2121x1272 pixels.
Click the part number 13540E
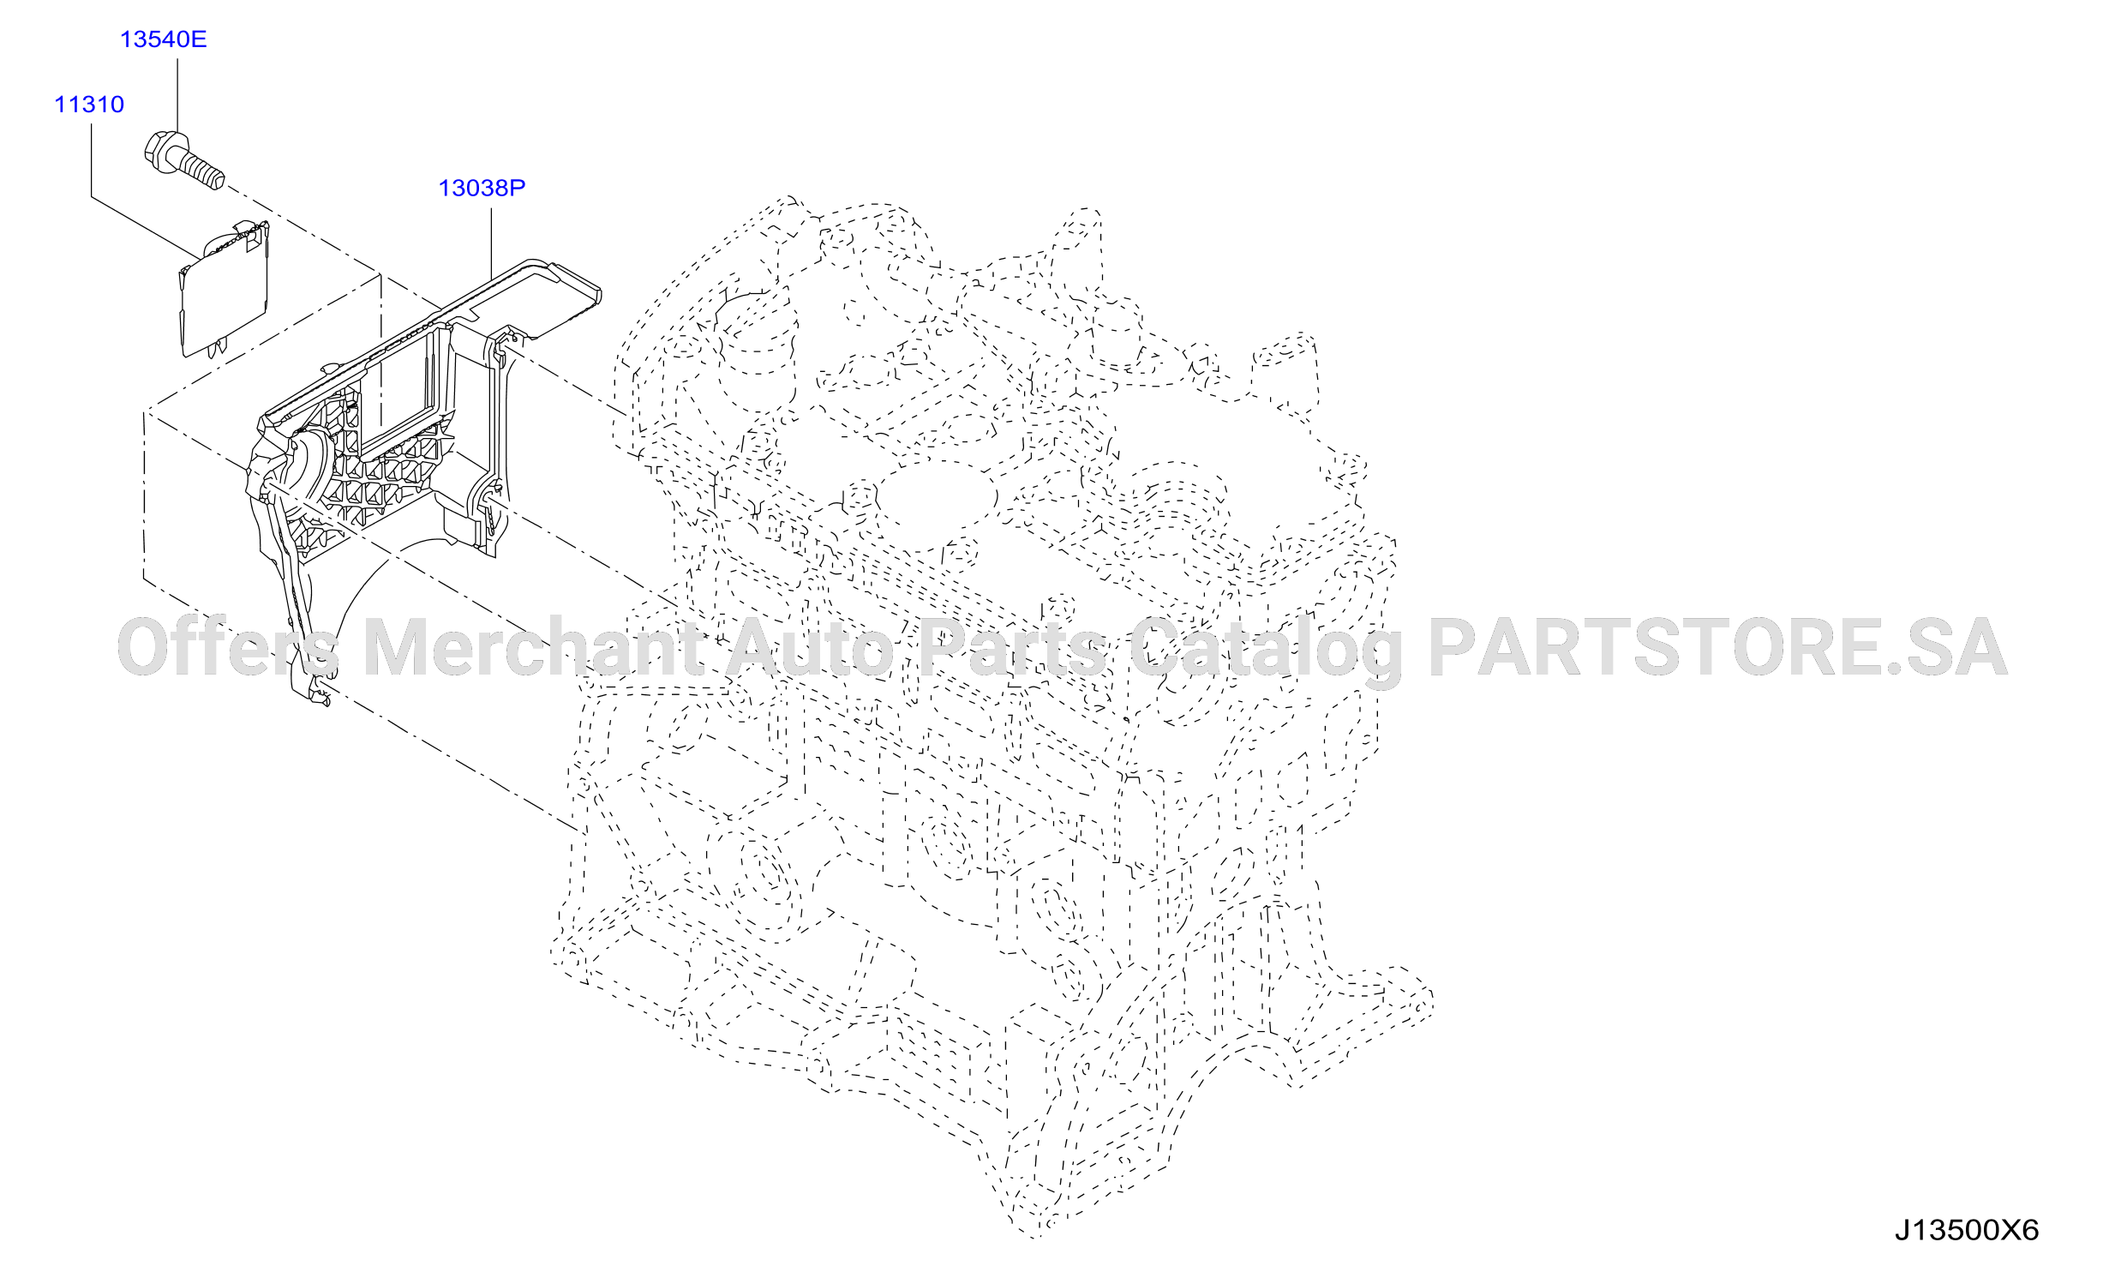[163, 39]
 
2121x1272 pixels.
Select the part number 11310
[89, 105]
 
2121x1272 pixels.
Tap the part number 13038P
[482, 188]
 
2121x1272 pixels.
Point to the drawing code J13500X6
[1966, 1231]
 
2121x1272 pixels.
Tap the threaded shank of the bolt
[201, 169]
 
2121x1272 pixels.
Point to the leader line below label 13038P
[491, 243]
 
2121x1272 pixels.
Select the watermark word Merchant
[533, 648]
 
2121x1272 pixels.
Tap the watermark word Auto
[812, 648]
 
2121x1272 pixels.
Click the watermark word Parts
[1012, 648]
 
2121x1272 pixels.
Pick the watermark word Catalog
[1266, 651]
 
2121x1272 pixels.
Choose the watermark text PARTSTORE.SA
[1717, 648]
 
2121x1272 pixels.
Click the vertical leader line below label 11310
[92, 160]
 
